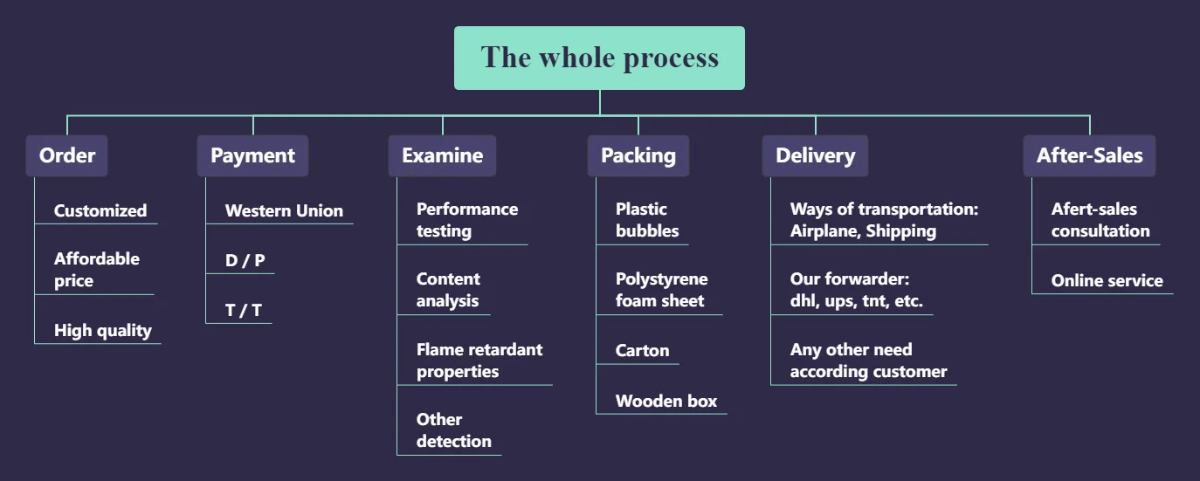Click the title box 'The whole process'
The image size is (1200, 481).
point(599,58)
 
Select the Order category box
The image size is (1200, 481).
point(67,156)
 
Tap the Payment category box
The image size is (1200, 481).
point(253,156)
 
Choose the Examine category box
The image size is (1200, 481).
point(443,156)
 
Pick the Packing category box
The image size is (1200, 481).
point(638,156)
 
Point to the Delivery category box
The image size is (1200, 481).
point(816,156)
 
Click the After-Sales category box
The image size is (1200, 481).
point(1090,156)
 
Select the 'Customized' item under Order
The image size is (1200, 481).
point(100,210)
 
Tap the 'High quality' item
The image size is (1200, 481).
point(103,331)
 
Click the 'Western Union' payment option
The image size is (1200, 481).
point(284,210)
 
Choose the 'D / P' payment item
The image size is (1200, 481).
point(245,260)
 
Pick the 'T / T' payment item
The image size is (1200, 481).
point(243,310)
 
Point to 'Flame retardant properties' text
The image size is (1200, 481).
point(479,361)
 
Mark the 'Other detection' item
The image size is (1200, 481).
point(454,430)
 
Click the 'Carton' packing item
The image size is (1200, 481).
point(642,350)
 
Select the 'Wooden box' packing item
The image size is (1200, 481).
point(666,401)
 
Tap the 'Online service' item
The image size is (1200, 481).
point(1107,281)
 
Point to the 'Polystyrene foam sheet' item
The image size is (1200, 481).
point(662,290)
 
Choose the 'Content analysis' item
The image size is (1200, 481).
point(448,290)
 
